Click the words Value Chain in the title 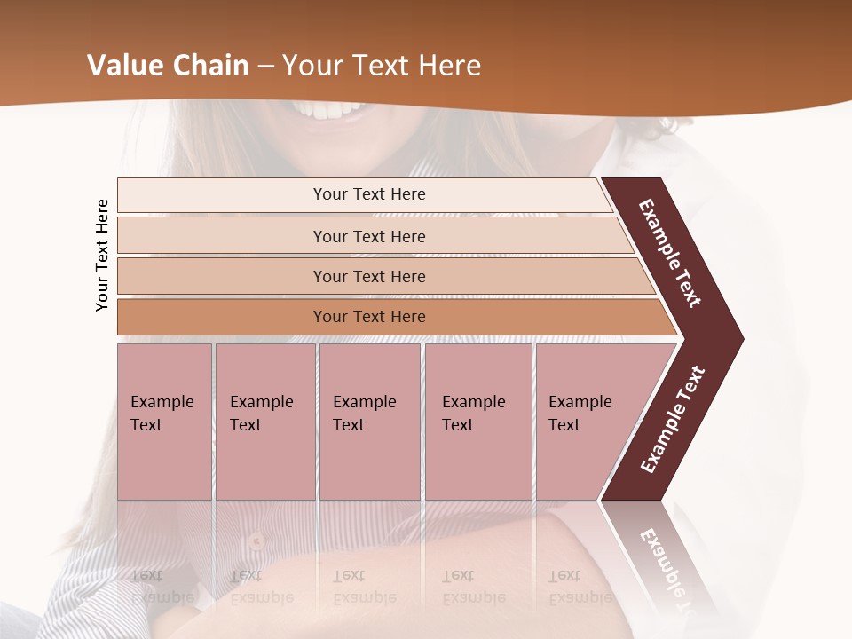click(168, 66)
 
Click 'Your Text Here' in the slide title click(382, 66)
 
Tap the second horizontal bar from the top click(369, 236)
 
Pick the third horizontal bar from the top click(369, 276)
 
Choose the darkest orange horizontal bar click(369, 317)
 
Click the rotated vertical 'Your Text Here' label click(102, 256)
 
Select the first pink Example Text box click(164, 422)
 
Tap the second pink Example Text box click(264, 422)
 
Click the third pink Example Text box click(368, 422)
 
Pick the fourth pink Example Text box click(477, 422)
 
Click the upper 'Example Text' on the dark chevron click(670, 253)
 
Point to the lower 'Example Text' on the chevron click(672, 419)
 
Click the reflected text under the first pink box click(162, 586)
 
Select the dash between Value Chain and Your click(265, 66)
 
